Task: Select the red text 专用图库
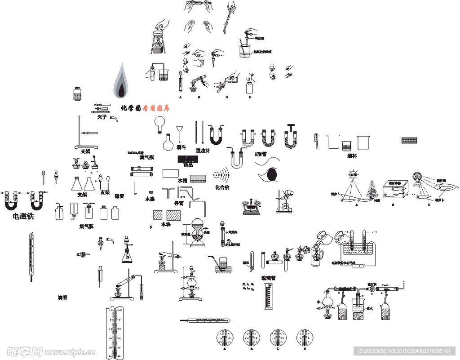[156, 108]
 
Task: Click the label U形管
[261, 154]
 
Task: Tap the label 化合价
[222, 187]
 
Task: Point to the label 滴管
[62, 298]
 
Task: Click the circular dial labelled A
[224, 337]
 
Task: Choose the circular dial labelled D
[305, 337]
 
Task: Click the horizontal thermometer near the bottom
[205, 321]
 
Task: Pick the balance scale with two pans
[252, 206]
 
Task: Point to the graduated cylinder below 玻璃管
[268, 296]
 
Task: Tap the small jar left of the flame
[77, 94]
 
